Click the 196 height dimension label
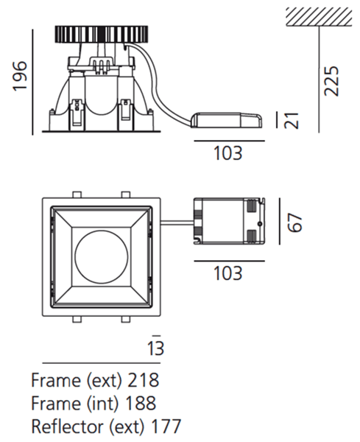pos(21,76)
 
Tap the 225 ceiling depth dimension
pos(331,81)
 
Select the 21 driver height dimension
pos(291,121)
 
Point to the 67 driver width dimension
pos(294,222)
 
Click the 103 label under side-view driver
pos(228,153)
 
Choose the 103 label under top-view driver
pos(228,273)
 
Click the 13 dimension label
pos(156,348)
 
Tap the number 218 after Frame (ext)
pos(144,380)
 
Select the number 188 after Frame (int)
pos(141,403)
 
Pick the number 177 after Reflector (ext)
pos(166,427)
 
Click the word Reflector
pos(68,427)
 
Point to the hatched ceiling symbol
pos(319,17)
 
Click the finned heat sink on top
pos(102,35)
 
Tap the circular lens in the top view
pos(102,257)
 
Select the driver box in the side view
pos(227,120)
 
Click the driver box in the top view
pos(229,221)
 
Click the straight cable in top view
pos(177,222)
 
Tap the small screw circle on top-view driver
pos(260,224)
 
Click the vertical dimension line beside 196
pos(33,82)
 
